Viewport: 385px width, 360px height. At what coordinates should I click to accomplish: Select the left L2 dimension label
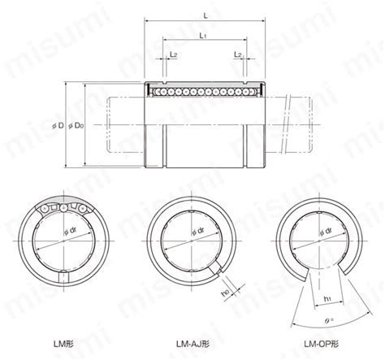pos(174,54)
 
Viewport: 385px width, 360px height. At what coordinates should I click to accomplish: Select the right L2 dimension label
pos(236,54)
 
